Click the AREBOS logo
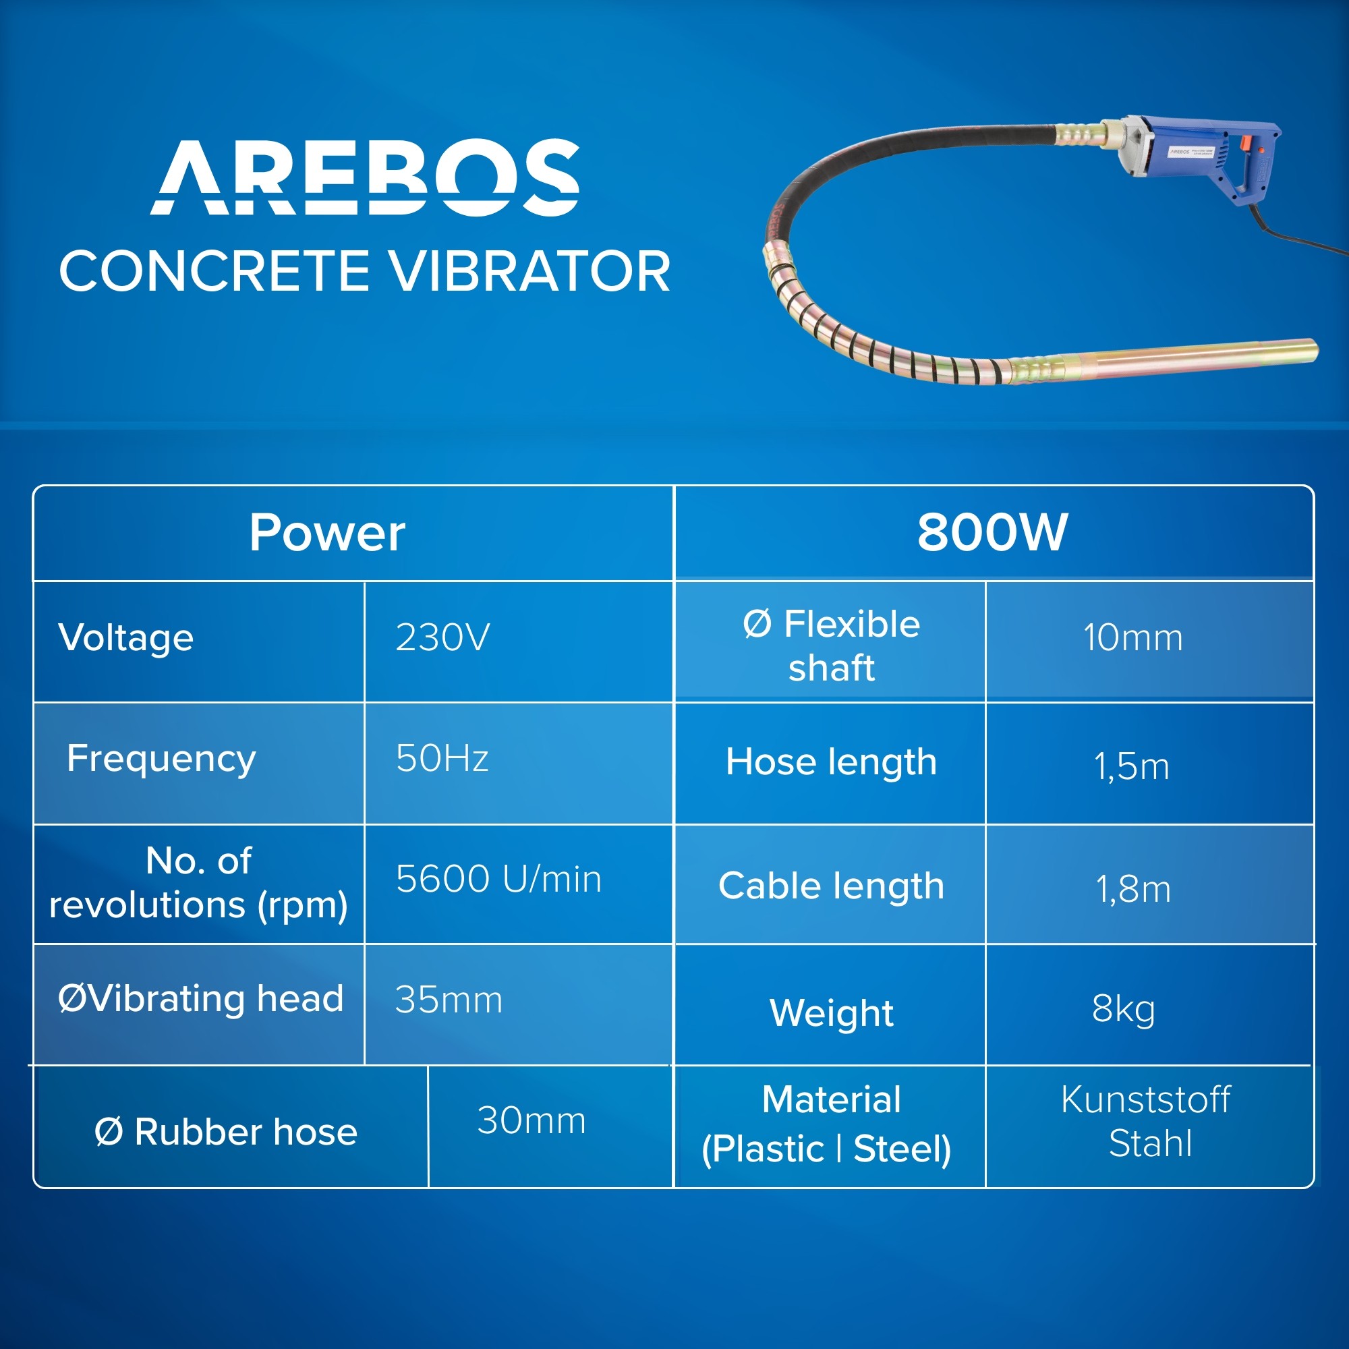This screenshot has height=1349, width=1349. (x=365, y=177)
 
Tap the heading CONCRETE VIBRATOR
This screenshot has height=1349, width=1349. (x=365, y=272)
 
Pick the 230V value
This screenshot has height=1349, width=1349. (x=442, y=637)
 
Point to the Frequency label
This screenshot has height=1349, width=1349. (x=161, y=759)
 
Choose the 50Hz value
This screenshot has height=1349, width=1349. (x=442, y=757)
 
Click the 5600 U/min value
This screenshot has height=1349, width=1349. (x=498, y=878)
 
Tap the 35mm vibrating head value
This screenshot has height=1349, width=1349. (x=449, y=999)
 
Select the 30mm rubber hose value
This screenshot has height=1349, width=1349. (x=532, y=1120)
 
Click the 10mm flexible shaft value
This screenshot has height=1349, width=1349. (x=1132, y=637)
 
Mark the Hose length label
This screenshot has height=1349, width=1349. (x=831, y=762)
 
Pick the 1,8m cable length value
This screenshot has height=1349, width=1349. (x=1133, y=889)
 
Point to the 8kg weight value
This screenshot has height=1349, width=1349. (x=1124, y=1010)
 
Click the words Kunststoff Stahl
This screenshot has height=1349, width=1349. (x=1146, y=1122)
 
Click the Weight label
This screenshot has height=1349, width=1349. (x=832, y=1012)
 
